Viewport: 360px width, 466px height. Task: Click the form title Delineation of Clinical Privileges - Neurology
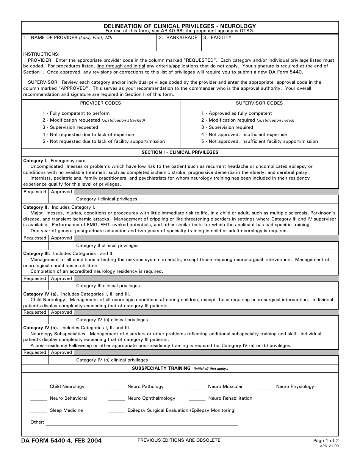pyautogui.click(x=180, y=26)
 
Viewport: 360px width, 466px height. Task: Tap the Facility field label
pyautogui.click(x=221, y=38)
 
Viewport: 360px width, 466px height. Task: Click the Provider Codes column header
pyautogui.click(x=100, y=103)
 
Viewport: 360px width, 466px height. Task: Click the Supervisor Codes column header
pyautogui.click(x=259, y=103)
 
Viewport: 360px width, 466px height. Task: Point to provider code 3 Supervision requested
pyautogui.click(x=70, y=127)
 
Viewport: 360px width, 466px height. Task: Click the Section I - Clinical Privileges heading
pyautogui.click(x=180, y=152)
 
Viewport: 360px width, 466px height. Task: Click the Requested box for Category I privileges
pyautogui.click(x=35, y=199)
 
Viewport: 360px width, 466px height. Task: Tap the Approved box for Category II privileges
pyautogui.click(x=61, y=246)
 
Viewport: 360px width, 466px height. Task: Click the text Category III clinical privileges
pyautogui.click(x=108, y=286)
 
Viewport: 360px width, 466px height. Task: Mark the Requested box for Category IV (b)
pyautogui.click(x=35, y=360)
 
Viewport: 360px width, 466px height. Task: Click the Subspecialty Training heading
pyautogui.click(x=161, y=368)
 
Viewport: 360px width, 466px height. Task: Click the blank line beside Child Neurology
pyautogui.click(x=39, y=387)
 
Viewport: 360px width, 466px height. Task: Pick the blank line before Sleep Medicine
pyautogui.click(x=39, y=411)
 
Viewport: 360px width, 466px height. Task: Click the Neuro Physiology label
pyautogui.click(x=295, y=386)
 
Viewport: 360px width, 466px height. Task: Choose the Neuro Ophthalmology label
pyautogui.click(x=151, y=398)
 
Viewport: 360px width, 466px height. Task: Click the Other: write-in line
pyautogui.click(x=141, y=423)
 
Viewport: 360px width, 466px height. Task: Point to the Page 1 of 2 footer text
pyautogui.click(x=326, y=441)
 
